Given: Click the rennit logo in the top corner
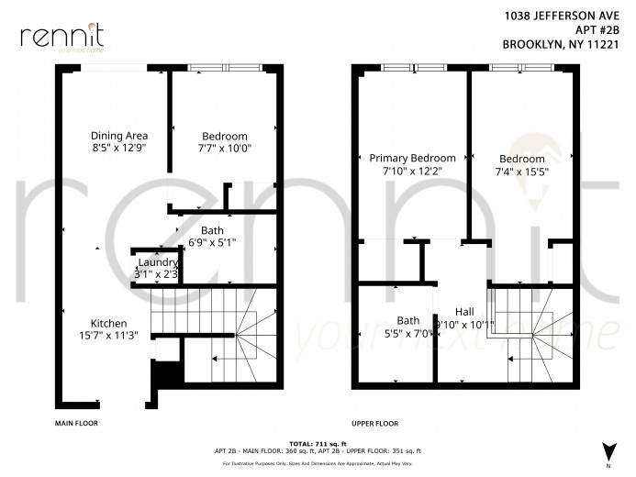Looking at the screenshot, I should coord(61,37).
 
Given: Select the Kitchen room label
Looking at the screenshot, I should coord(108,323).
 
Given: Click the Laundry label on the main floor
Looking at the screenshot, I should coord(157,261).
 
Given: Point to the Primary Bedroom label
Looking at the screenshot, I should coord(412,158).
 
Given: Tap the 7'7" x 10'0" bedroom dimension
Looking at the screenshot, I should coord(224,147).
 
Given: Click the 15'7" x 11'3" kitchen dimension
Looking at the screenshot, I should coord(108,335).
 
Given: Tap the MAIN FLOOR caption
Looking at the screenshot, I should coord(76,424).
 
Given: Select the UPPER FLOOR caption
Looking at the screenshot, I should coord(374,424).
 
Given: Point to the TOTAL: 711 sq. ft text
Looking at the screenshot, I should coord(318,443).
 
